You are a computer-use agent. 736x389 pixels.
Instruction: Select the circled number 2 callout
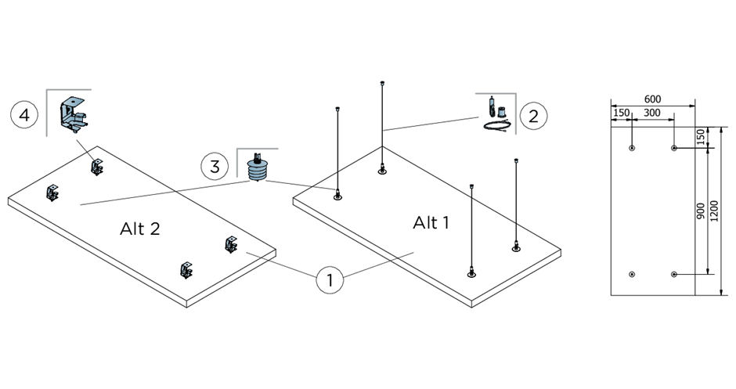tap(533, 117)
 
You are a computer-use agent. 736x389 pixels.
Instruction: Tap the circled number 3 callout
tap(214, 166)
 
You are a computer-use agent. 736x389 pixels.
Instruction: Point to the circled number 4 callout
tap(24, 115)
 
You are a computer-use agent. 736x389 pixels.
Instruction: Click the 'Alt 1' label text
tap(431, 223)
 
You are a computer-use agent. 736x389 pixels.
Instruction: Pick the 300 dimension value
tap(651, 113)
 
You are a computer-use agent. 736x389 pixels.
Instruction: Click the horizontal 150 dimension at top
tap(621, 113)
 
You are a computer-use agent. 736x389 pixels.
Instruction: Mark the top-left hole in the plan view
tap(632, 147)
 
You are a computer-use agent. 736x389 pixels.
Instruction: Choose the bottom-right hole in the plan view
tap(673, 274)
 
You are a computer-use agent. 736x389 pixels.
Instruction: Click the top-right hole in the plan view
tap(673, 147)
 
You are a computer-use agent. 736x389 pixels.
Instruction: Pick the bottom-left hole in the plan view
tap(632, 274)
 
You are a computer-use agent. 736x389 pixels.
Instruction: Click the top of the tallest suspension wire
tap(381, 82)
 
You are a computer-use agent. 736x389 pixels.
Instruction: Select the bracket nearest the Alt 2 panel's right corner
tap(231, 245)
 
